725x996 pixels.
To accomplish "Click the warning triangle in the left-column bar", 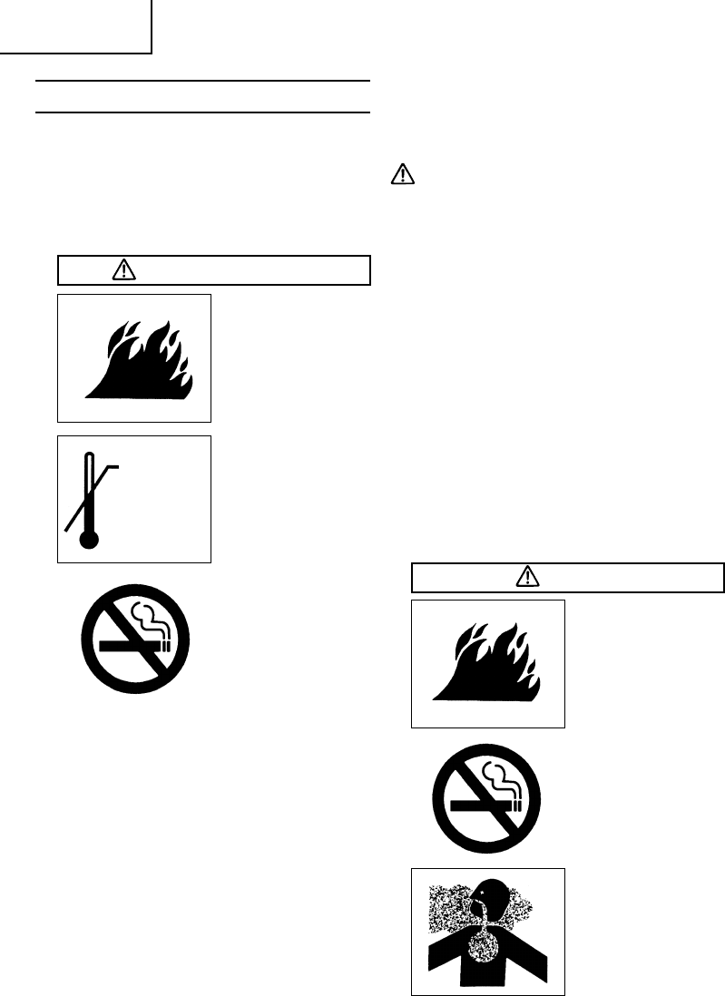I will click(122, 270).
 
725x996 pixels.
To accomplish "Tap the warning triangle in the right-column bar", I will click(527, 576).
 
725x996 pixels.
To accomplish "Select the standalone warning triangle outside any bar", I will click(402, 175).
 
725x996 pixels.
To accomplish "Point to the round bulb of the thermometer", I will click(88, 541).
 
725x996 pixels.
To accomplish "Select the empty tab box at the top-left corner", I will click(75, 24).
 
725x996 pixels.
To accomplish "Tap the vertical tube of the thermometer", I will click(87, 490).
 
